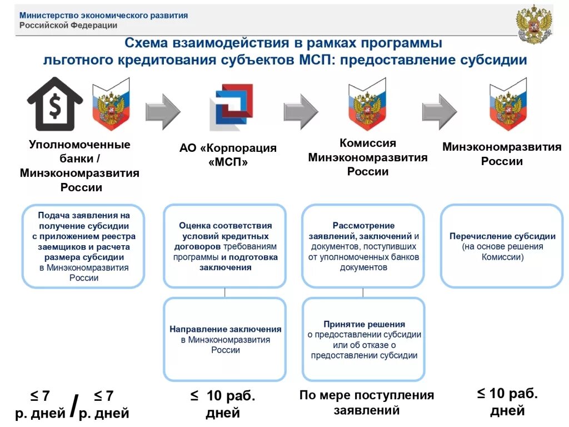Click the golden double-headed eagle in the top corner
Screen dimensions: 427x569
(x=533, y=24)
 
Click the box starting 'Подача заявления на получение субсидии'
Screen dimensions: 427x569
(x=83, y=246)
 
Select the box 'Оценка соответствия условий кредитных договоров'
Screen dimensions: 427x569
(x=225, y=246)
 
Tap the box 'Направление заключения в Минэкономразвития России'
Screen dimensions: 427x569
(x=225, y=339)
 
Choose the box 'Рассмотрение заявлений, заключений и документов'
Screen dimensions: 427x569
(x=363, y=246)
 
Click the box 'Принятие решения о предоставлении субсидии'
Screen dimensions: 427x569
(x=363, y=339)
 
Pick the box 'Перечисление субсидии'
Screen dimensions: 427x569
(x=502, y=246)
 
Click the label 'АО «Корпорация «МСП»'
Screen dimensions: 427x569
(x=228, y=155)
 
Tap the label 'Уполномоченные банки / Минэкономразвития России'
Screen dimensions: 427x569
(x=79, y=166)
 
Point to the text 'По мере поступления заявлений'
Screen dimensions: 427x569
(x=366, y=403)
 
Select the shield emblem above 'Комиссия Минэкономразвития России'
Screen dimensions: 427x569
(x=367, y=104)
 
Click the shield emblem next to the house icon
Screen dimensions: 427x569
(x=110, y=104)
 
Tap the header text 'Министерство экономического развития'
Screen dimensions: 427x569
(x=103, y=16)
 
